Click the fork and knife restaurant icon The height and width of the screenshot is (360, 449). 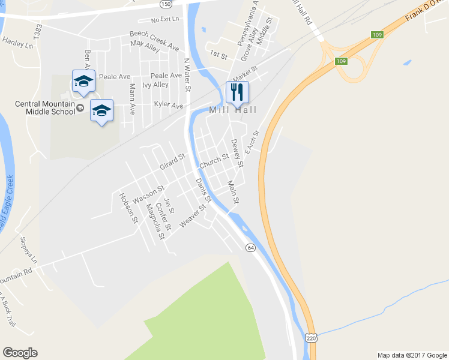pyautogui.click(x=237, y=92)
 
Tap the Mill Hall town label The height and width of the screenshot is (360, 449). pyautogui.click(x=233, y=110)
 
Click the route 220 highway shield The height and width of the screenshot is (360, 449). pyautogui.click(x=310, y=339)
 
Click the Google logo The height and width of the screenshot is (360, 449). pyautogui.click(x=20, y=353)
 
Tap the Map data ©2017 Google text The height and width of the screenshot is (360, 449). pyautogui.click(x=411, y=355)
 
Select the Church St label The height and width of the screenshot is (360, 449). pyautogui.click(x=214, y=161)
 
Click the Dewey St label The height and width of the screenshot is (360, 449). pyautogui.click(x=238, y=153)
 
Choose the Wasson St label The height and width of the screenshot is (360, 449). pyautogui.click(x=149, y=194)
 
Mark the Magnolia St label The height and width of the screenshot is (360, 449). pyautogui.click(x=155, y=221)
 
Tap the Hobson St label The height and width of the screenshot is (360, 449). pyautogui.click(x=128, y=208)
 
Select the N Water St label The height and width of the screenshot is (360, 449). pyautogui.click(x=187, y=75)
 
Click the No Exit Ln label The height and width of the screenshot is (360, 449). pyautogui.click(x=165, y=19)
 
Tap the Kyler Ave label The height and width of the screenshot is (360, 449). pyautogui.click(x=168, y=106)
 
